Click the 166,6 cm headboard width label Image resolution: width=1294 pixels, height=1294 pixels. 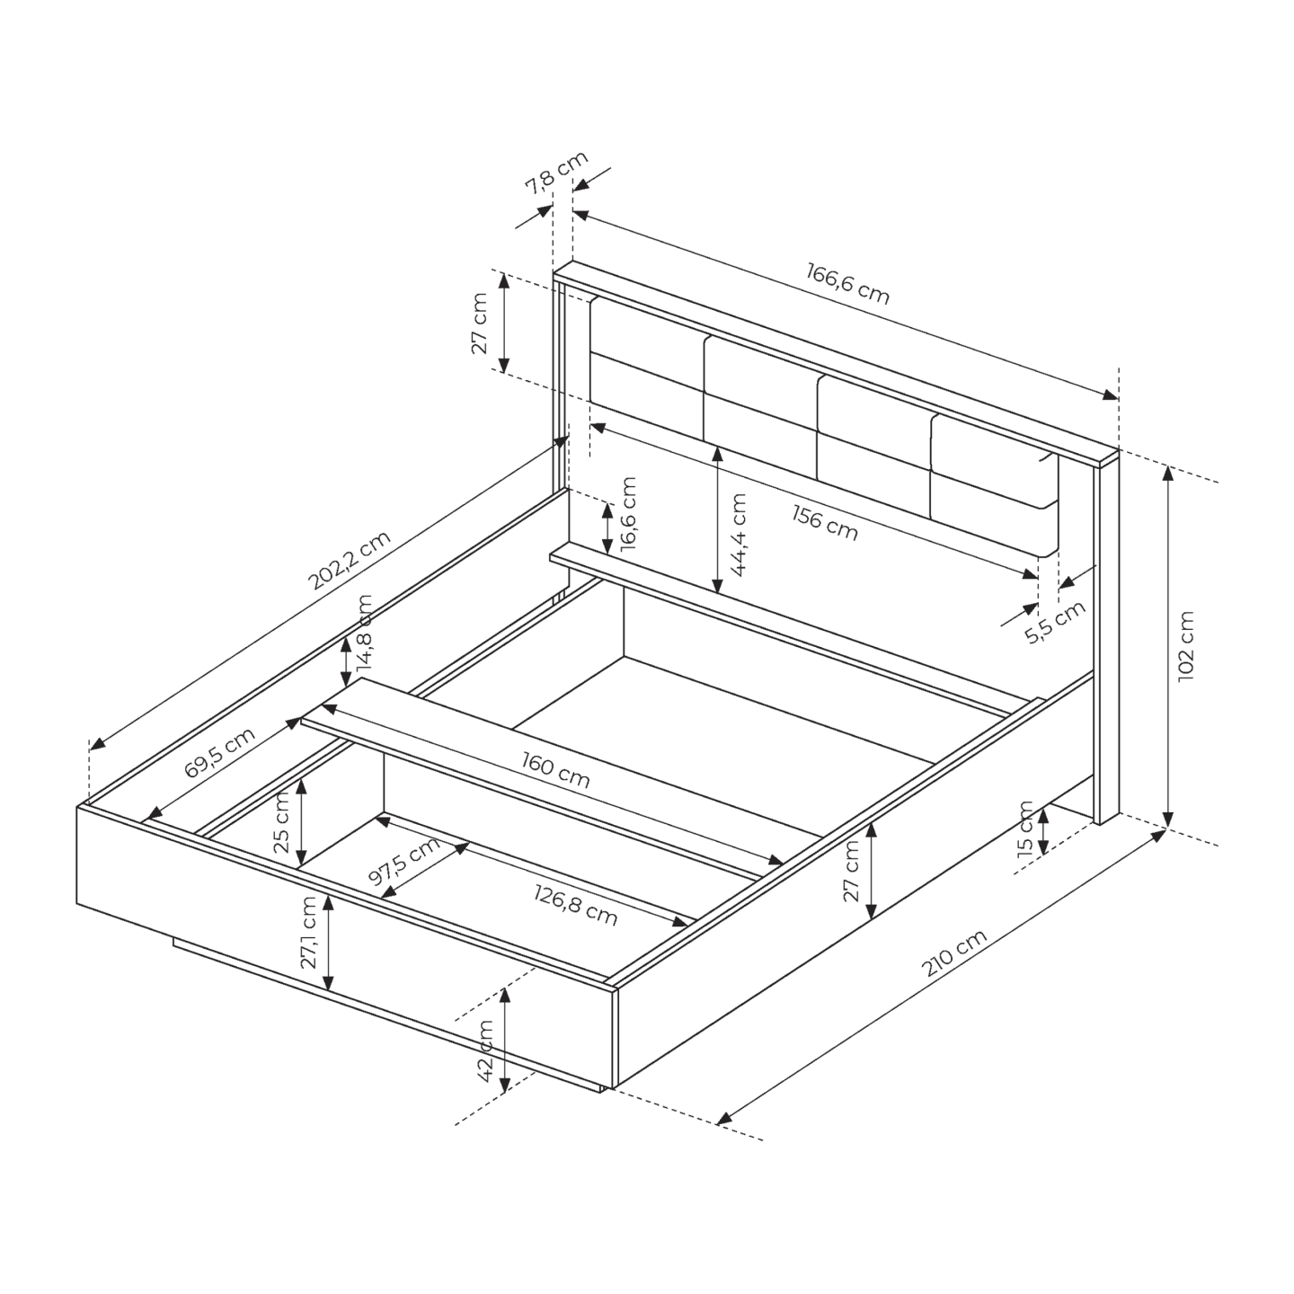tap(847, 284)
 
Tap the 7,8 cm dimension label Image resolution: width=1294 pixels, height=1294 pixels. tap(556, 173)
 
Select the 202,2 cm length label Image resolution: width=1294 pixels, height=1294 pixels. tap(350, 560)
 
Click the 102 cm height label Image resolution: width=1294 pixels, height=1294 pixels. tap(1186, 646)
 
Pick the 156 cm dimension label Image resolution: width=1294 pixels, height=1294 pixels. tap(825, 523)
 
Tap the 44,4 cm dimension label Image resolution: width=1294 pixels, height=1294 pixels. tap(738, 535)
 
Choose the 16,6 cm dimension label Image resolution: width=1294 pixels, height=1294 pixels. tap(628, 514)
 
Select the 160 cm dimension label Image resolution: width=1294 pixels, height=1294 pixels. tap(556, 769)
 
